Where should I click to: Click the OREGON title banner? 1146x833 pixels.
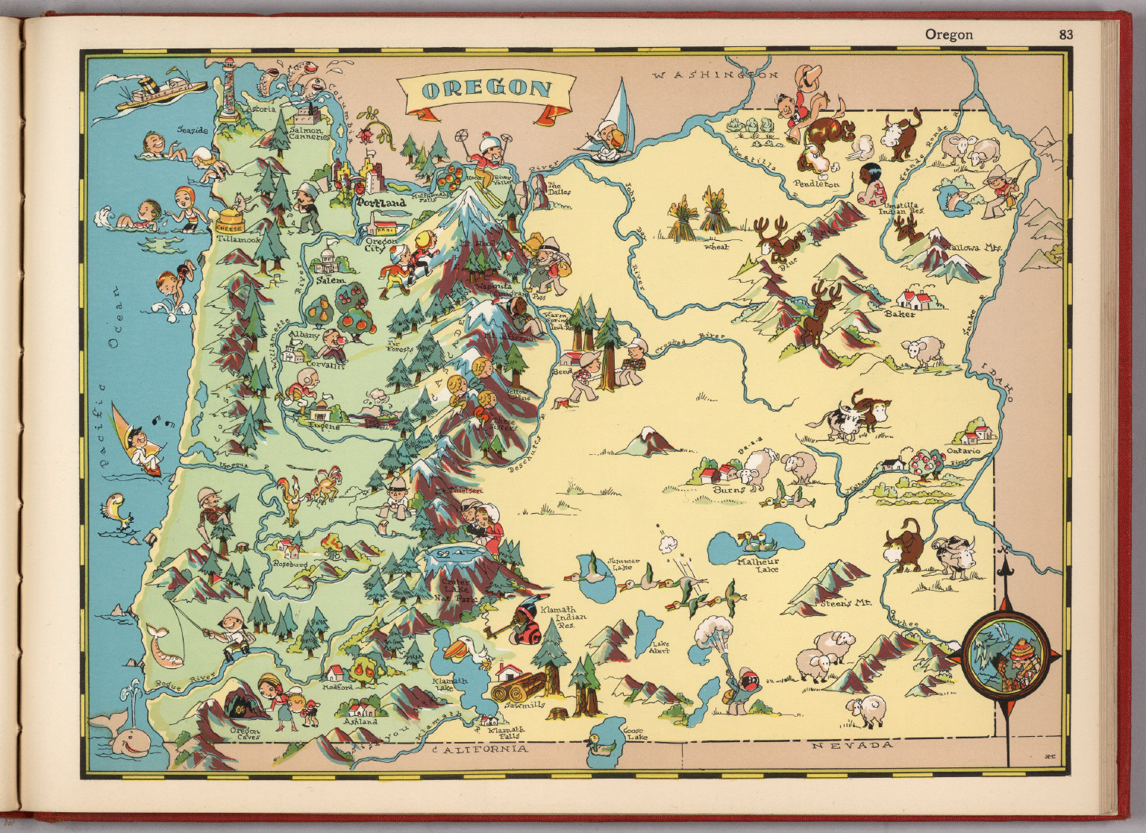tap(486, 90)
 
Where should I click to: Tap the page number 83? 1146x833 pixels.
tap(1065, 34)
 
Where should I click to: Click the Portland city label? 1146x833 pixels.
tap(381, 202)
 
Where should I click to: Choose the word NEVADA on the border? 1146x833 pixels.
tap(852, 745)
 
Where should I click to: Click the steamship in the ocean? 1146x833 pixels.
tap(160, 90)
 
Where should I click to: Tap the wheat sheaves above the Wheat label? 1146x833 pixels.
tap(698, 217)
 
